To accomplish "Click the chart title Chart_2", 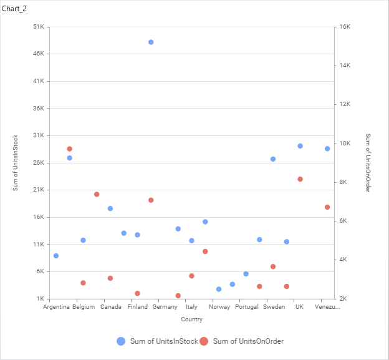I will pyautogui.click(x=14, y=8).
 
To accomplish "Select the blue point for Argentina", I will pyautogui.click(x=56, y=256).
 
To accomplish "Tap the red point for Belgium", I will pyautogui.click(x=83, y=283).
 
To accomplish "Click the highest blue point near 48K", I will pyautogui.click(x=151, y=42).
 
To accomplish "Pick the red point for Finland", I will pyautogui.click(x=137, y=293).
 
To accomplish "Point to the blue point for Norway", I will pyautogui.click(x=219, y=289).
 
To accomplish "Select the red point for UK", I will pyautogui.click(x=300, y=179).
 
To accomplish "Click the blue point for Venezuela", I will pyautogui.click(x=327, y=148).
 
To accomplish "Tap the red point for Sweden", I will pyautogui.click(x=273, y=266).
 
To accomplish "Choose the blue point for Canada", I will pyautogui.click(x=110, y=208).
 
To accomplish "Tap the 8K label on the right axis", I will pyautogui.click(x=344, y=182).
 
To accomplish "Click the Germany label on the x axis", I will pyautogui.click(x=165, y=307).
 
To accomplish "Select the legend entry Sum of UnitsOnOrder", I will pyautogui.click(x=248, y=341).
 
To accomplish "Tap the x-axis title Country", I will pyautogui.click(x=191, y=319).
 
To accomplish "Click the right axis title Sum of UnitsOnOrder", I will pyautogui.click(x=368, y=162).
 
